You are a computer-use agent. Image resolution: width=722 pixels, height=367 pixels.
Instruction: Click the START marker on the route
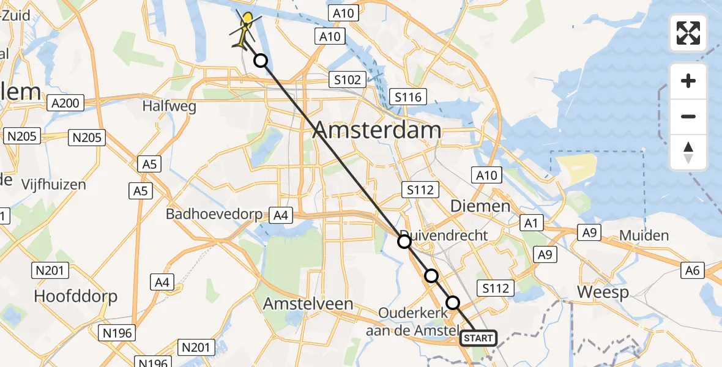(x=477, y=338)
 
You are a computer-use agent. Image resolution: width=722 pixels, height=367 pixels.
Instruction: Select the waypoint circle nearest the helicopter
(x=261, y=61)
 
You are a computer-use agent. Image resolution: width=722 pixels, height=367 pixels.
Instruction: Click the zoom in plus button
(x=688, y=81)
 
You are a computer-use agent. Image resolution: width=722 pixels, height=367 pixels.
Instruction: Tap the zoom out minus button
(x=688, y=116)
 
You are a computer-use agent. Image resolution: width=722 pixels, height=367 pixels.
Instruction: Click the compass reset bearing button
(x=688, y=152)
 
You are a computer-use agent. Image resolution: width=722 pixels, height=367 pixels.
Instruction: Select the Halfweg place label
(x=169, y=106)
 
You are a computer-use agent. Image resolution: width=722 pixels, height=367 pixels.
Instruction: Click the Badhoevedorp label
(x=214, y=215)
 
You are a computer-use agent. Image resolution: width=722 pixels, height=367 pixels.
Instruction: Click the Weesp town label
(x=603, y=292)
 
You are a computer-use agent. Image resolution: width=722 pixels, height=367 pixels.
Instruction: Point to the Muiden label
(x=644, y=235)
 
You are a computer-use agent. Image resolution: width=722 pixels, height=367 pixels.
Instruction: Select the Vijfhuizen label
(x=54, y=184)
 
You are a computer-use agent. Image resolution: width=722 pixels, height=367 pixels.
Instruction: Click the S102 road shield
(x=347, y=80)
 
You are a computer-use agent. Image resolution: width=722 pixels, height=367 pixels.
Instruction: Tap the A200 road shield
(x=65, y=103)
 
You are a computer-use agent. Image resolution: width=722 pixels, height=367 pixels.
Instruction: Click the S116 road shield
(x=408, y=97)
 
